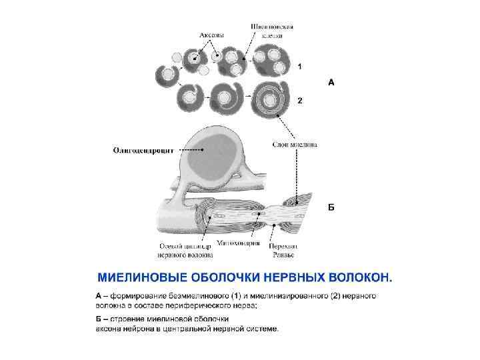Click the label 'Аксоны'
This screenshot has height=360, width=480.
tap(211, 34)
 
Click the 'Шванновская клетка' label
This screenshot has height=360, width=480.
tap(272, 31)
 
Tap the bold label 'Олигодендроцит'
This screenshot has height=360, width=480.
tap(143, 151)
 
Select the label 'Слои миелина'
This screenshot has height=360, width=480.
tap(295, 144)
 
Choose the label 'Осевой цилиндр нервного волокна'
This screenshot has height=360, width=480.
tap(185, 249)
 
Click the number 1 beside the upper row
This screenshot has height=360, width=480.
tap(300, 67)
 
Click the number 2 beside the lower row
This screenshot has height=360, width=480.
tap(300, 101)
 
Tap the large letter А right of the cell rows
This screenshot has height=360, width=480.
tap(331, 83)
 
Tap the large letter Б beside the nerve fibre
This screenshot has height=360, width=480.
tap(331, 207)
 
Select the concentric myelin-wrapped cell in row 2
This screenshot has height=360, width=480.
tap(269, 100)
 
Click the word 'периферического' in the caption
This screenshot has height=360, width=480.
tap(195, 305)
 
